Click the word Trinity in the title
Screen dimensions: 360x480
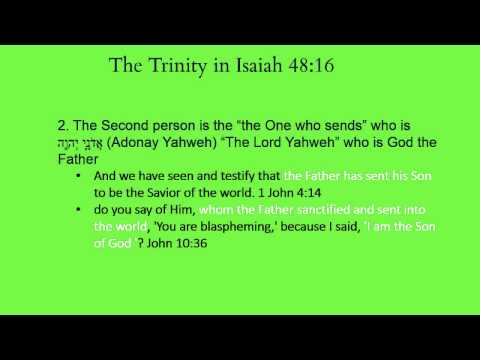[185, 67]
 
